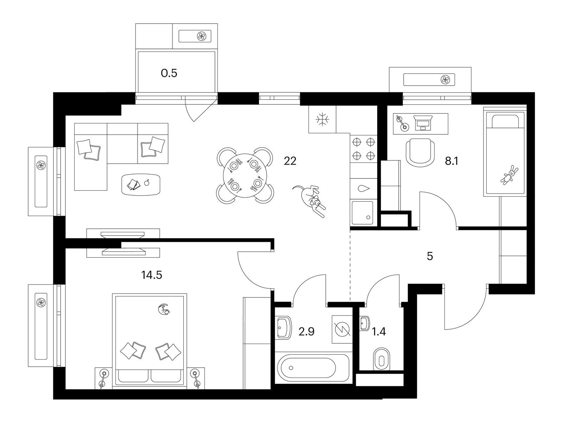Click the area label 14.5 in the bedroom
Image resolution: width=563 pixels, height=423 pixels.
click(x=151, y=275)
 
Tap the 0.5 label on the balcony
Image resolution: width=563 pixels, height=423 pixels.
click(x=169, y=73)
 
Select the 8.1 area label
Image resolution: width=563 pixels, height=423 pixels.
click(x=452, y=161)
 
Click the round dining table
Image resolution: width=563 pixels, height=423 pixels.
click(x=245, y=175)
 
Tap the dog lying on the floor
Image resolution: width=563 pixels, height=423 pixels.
click(x=310, y=200)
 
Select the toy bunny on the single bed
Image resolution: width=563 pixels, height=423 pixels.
click(x=508, y=175)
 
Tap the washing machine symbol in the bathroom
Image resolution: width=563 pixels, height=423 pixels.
click(x=342, y=329)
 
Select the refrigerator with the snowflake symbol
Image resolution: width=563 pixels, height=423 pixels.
click(x=322, y=120)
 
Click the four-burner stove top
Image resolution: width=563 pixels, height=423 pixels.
click(x=363, y=148)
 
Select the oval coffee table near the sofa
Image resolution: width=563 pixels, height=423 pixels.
click(x=141, y=184)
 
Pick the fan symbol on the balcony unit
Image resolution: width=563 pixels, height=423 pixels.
click(x=202, y=36)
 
